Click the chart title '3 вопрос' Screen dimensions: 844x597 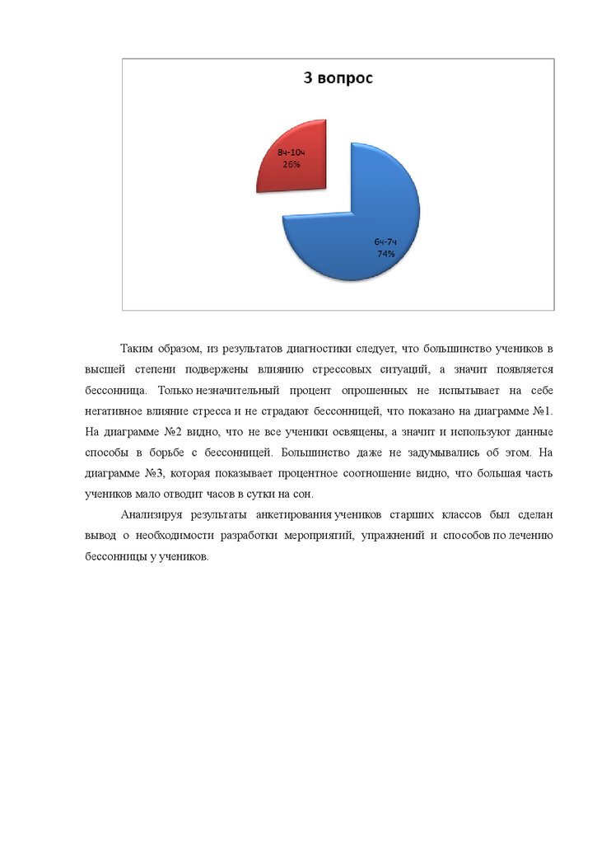pos(338,79)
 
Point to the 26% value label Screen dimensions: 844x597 pos(292,165)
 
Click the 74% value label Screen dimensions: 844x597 pos(386,254)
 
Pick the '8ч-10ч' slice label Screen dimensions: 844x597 pos(292,154)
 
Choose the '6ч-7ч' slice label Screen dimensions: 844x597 pos(386,242)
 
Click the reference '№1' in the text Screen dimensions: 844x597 pos(541,410)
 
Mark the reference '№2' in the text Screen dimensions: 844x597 pos(155,432)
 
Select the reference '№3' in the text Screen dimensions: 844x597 pos(155,474)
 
